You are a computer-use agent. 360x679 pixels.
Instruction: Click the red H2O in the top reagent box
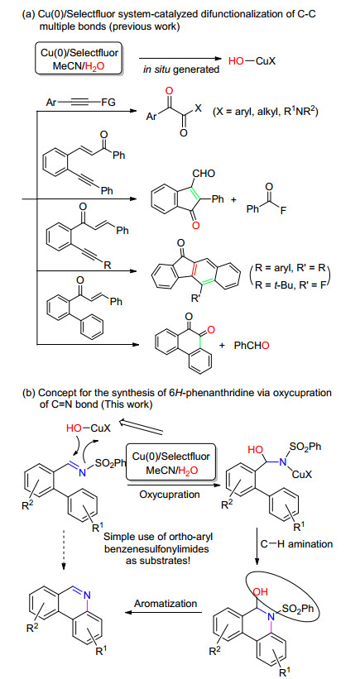coord(94,66)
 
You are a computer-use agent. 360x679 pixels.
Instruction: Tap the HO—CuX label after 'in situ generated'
coord(252,61)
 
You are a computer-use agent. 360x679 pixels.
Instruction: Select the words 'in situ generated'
coord(181,69)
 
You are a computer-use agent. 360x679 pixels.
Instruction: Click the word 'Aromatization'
coord(166,603)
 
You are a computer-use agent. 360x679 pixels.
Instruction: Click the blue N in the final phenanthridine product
coord(86,595)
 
